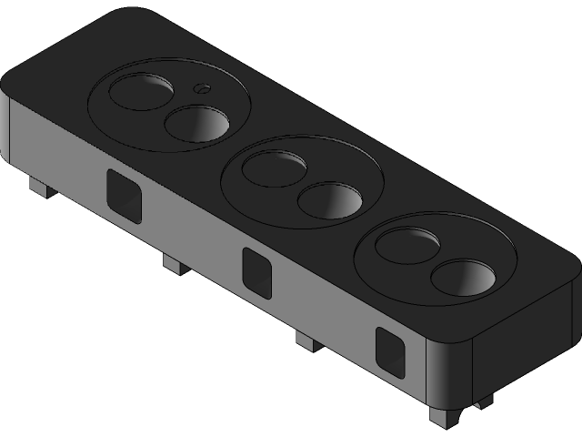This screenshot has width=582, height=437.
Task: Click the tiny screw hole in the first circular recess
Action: click(x=202, y=88)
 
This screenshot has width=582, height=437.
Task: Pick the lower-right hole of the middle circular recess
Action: click(x=331, y=199)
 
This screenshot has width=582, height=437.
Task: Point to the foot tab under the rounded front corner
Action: click(x=446, y=416)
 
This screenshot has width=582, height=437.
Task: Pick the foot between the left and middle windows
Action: click(x=174, y=263)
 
